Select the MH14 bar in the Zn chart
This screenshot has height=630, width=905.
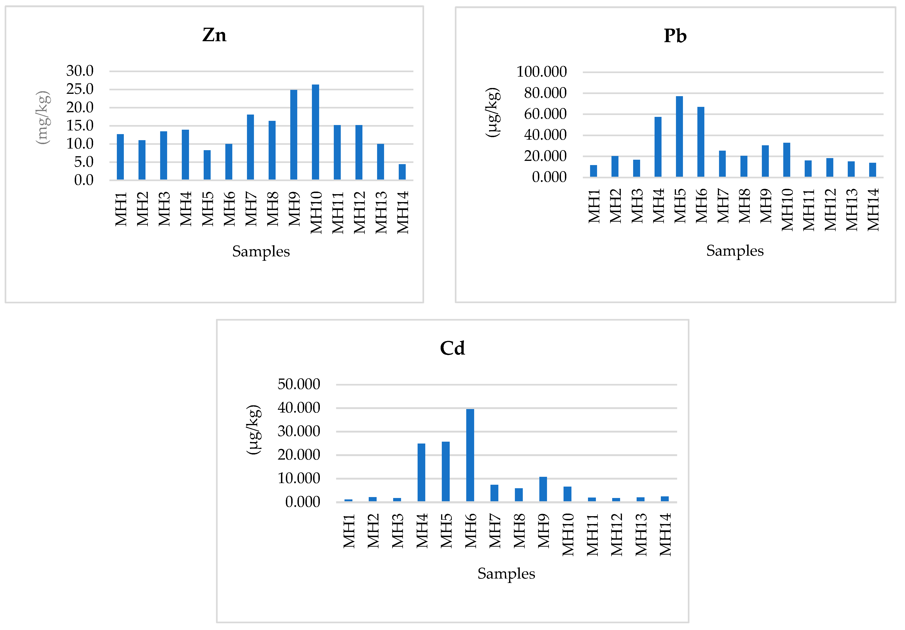click(x=402, y=172)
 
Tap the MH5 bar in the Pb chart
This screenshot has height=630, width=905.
click(x=679, y=136)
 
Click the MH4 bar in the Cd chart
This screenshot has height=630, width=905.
click(x=421, y=472)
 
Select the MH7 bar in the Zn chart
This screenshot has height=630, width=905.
click(x=250, y=147)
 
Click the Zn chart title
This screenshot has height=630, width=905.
click(x=214, y=35)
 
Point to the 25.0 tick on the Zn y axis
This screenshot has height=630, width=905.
click(x=80, y=89)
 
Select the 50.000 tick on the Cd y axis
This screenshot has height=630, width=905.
click(x=299, y=384)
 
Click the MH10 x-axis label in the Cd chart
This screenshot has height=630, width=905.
click(x=567, y=534)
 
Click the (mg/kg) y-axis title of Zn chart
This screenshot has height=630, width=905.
click(x=43, y=118)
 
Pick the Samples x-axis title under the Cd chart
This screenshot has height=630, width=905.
click(x=506, y=574)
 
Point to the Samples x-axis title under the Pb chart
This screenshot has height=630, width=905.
click(x=735, y=251)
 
